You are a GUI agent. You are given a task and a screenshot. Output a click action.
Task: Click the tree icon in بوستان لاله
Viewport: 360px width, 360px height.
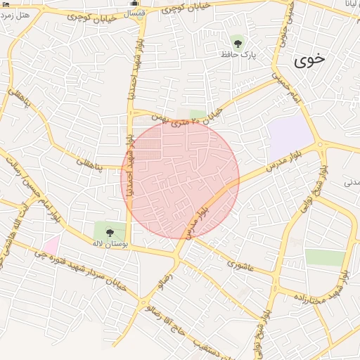pos(109,232)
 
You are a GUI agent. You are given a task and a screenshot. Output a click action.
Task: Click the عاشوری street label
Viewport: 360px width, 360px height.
pos(239,264)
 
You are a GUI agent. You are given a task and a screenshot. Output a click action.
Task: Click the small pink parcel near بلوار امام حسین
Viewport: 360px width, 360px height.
pos(51,245)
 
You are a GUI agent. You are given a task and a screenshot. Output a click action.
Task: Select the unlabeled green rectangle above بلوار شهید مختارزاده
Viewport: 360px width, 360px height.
pos(325,257)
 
